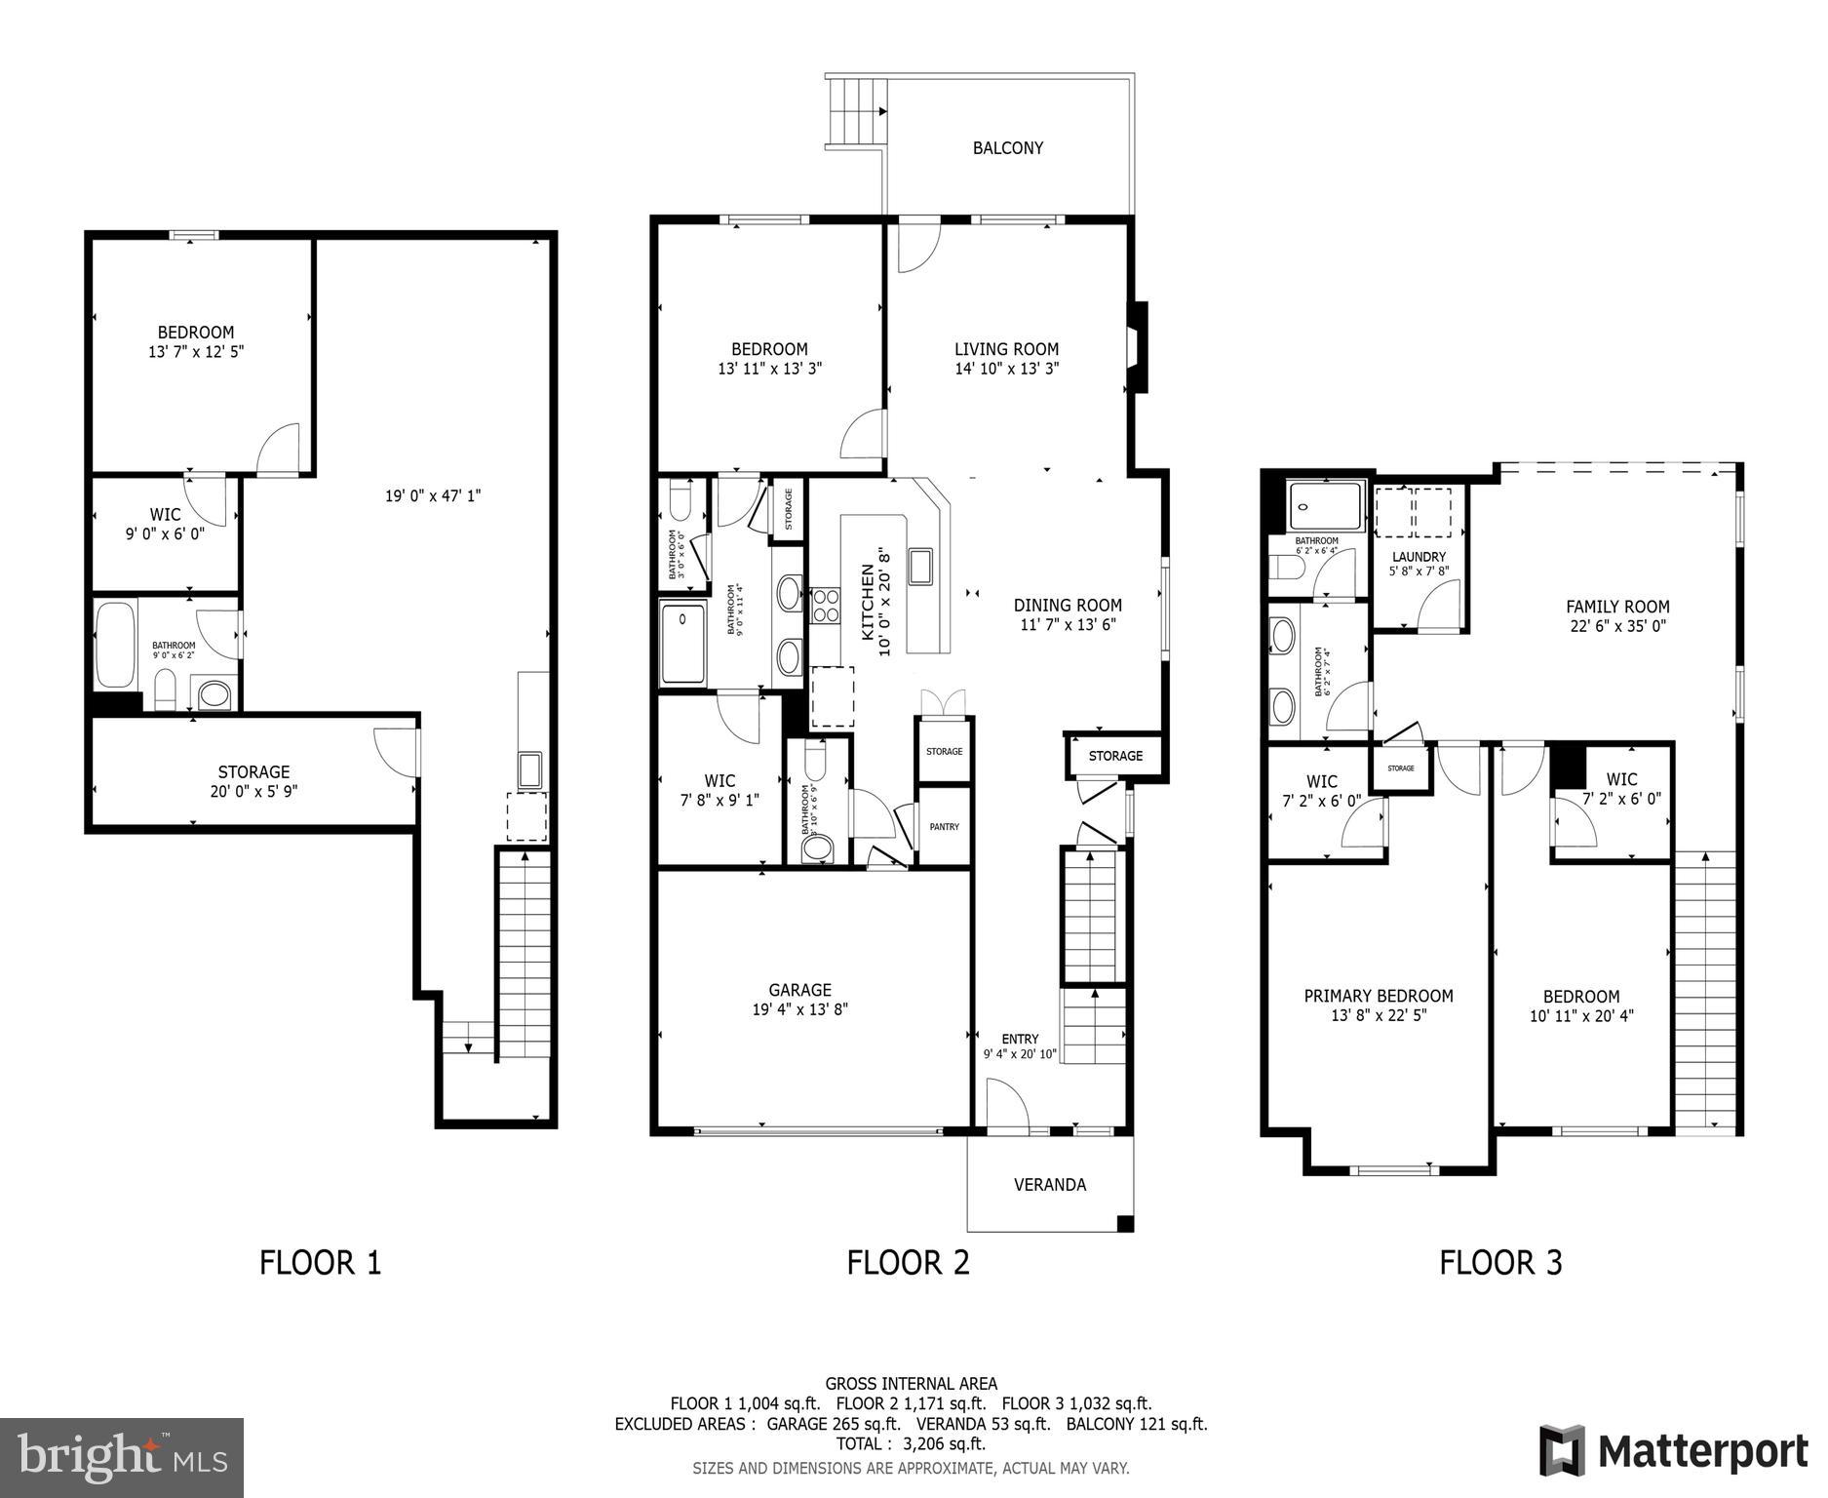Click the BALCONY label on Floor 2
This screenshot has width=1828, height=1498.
[1007, 148]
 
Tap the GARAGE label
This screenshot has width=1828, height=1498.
[799, 990]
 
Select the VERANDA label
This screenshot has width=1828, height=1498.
[1049, 1185]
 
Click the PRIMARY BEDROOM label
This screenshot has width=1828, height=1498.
[1378, 996]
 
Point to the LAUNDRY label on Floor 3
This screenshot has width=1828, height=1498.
[1419, 557]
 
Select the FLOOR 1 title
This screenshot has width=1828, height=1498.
[320, 1263]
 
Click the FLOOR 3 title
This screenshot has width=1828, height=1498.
[1500, 1263]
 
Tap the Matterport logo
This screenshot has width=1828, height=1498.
[1673, 1451]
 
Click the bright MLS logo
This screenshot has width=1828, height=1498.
[122, 1457]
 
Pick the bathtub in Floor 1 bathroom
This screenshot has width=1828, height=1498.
[115, 646]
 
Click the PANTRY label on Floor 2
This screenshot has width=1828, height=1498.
[944, 827]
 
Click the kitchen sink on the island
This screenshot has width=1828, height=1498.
[920, 567]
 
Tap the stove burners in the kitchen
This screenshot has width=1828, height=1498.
[826, 605]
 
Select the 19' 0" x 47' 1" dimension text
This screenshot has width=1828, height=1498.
[432, 496]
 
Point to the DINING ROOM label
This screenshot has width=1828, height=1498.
[1068, 606]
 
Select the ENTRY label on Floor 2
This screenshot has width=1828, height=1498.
[1020, 1039]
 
